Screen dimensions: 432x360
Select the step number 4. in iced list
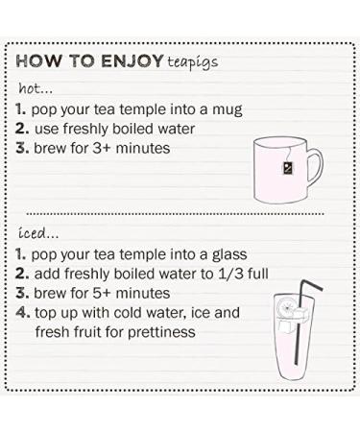point(22,314)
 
